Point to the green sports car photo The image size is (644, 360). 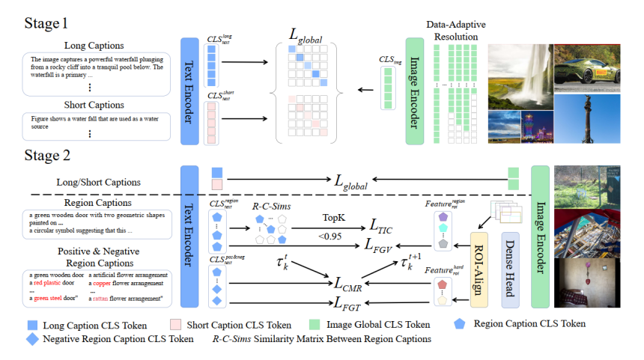(588, 64)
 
